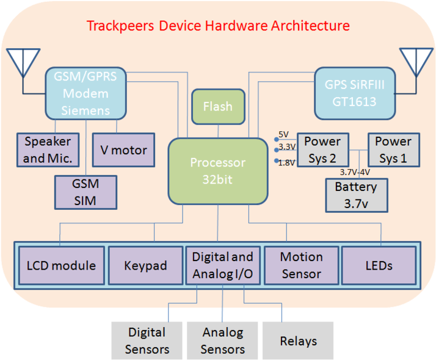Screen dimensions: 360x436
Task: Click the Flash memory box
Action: pos(218,107)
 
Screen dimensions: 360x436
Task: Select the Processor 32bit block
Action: pos(218,171)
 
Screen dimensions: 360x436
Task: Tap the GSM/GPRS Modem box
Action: pos(85,93)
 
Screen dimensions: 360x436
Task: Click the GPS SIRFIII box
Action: pos(355,93)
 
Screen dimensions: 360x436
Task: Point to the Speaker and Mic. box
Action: pos(48,149)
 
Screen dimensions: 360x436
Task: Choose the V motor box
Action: pos(124,149)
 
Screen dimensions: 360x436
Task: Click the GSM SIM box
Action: pos(85,192)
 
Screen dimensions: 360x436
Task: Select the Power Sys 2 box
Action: pos(322,149)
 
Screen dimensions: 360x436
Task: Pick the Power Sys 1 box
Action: pos(393,149)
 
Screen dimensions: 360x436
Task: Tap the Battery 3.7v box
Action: pos(356,195)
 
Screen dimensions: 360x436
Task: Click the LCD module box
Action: pos(61,266)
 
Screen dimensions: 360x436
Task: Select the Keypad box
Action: pos(145,266)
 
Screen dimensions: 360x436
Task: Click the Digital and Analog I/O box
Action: pos(222,266)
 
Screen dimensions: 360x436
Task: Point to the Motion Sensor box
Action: pos(301,266)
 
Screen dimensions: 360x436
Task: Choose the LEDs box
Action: pos(379,266)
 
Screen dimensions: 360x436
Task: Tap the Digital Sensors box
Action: pos(147,340)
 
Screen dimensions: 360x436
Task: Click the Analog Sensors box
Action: pos(222,340)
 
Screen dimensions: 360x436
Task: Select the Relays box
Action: pos(298,340)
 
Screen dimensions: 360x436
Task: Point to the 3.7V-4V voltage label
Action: pos(355,172)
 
